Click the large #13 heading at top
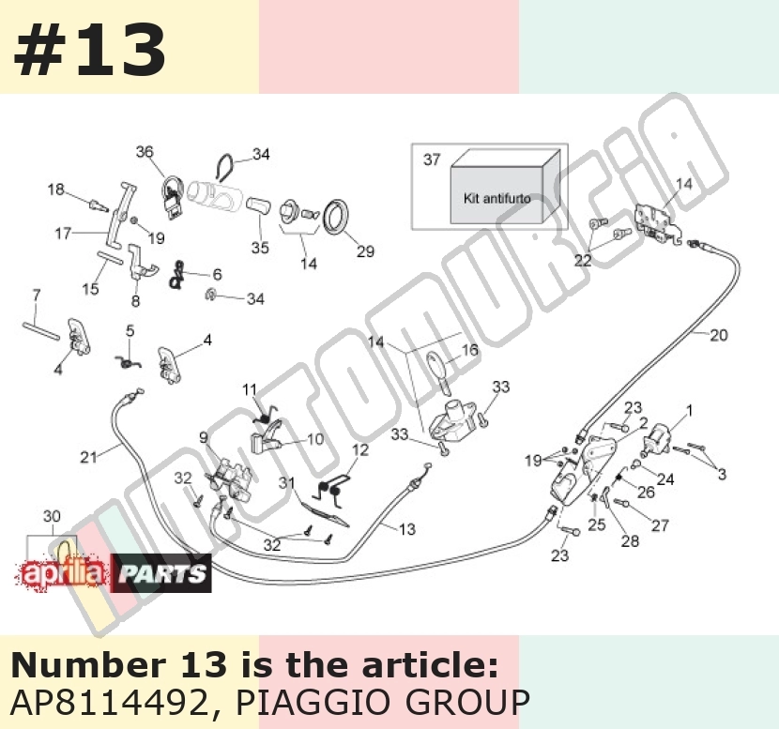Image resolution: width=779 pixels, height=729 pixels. coord(90,51)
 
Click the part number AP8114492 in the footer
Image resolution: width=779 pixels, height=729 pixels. coord(109,702)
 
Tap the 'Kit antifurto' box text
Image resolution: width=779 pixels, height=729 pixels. coord(496,199)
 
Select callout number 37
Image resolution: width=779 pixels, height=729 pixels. coord(432,159)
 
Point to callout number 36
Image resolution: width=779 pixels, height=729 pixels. coord(145,151)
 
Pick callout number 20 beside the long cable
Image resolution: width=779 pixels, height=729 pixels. coord(718,336)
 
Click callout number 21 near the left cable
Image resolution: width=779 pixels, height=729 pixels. coord(88,457)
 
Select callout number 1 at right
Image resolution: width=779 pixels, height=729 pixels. coord(689,410)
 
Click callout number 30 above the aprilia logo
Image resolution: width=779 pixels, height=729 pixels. coord(52,516)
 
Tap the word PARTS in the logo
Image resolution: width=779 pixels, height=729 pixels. coord(162,574)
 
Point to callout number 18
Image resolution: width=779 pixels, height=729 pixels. coord(56,190)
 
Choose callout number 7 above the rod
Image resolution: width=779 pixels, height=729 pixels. coord(37,296)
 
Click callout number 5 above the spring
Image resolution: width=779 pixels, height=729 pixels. coord(130,331)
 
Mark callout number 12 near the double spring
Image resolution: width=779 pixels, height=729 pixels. coord(360,450)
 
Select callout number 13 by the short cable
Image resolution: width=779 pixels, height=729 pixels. coord(407,529)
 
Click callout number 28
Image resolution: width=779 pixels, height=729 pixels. coord(630,540)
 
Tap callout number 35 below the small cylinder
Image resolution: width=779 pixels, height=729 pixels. coord(260,248)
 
